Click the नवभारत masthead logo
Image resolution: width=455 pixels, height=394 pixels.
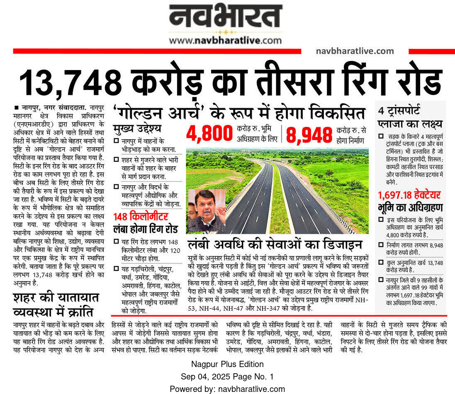(x=225, y=17)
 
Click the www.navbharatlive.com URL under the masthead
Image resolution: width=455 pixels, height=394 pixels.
(x=225, y=40)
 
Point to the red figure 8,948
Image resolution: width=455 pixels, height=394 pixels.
(x=309, y=134)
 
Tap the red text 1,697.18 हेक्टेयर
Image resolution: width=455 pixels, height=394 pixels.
(x=409, y=195)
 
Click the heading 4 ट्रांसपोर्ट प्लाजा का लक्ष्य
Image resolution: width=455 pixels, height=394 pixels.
(x=410, y=117)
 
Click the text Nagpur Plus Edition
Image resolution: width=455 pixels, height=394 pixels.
(x=227, y=364)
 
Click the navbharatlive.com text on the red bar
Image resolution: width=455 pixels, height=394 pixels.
(x=355, y=51)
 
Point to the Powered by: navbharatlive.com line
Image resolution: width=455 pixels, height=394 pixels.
(x=227, y=389)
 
